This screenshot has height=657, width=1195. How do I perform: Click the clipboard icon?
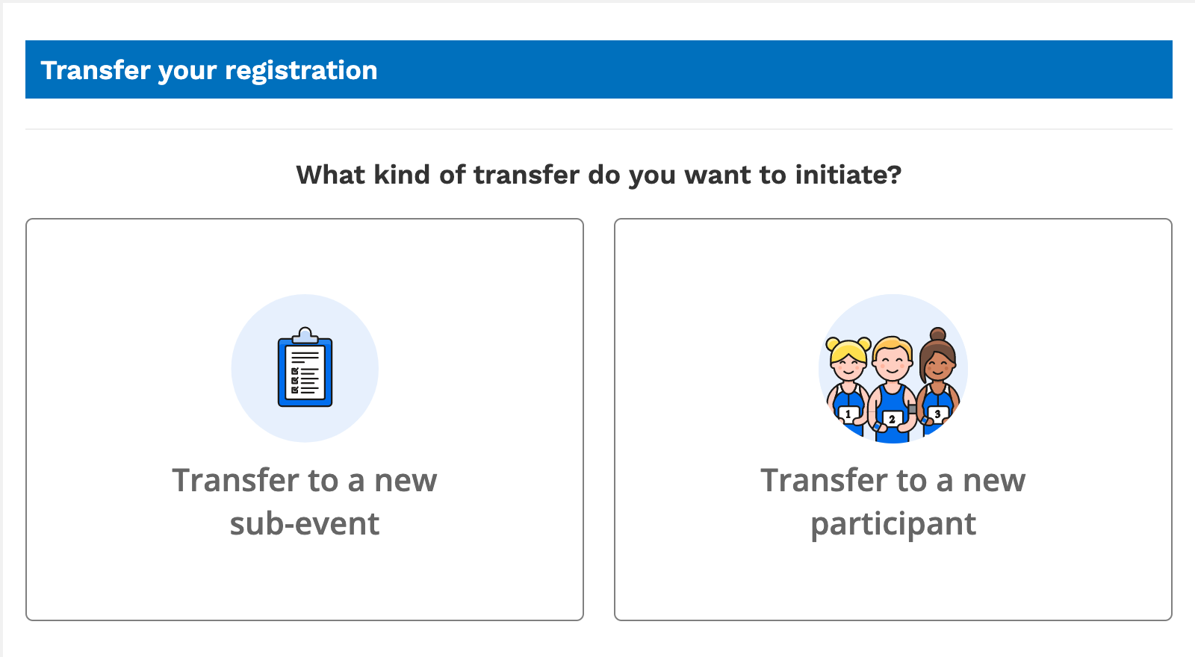(305, 369)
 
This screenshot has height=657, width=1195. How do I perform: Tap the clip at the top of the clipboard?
(305, 335)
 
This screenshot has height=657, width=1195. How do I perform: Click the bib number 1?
(848, 414)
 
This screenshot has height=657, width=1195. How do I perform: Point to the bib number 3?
(937, 414)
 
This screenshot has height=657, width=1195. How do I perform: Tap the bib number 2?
(892, 419)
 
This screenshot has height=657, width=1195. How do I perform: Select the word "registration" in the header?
(301, 71)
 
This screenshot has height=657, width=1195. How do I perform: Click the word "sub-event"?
(305, 523)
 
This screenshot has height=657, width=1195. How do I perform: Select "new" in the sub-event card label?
(406, 481)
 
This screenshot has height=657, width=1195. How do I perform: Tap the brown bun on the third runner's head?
(938, 334)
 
